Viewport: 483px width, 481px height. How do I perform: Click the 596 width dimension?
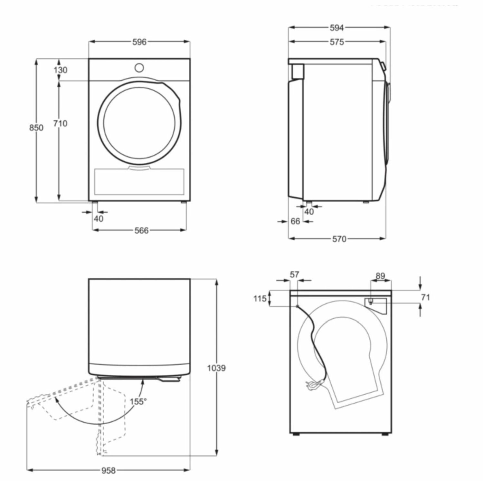pyautogui.click(x=139, y=42)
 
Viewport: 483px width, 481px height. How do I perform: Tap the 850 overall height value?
pyautogui.click(x=36, y=128)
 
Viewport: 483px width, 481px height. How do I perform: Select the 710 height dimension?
pyautogui.click(x=60, y=123)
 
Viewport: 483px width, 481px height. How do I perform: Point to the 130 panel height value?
pyautogui.click(x=61, y=70)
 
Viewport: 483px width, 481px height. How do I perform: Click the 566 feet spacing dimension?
pyautogui.click(x=141, y=230)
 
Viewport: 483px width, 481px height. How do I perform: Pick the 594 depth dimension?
pyautogui.click(x=336, y=28)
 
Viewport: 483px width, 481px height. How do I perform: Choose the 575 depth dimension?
pyautogui.click(x=337, y=42)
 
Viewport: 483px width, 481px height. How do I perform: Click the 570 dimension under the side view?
pyautogui.click(x=339, y=239)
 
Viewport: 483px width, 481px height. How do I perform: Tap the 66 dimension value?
pyautogui.click(x=295, y=221)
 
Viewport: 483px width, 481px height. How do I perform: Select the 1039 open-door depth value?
pyautogui.click(x=216, y=368)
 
